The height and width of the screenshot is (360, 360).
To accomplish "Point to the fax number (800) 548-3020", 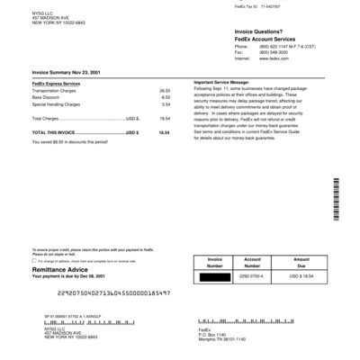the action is [x=245, y=52].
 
